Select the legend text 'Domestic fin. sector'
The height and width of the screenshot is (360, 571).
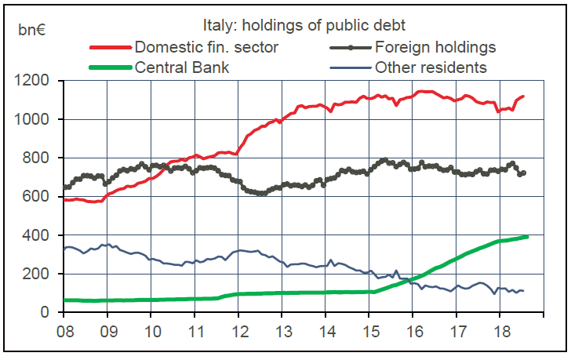206,47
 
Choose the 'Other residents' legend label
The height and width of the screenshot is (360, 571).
431,67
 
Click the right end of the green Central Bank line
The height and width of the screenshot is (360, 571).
526,237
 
